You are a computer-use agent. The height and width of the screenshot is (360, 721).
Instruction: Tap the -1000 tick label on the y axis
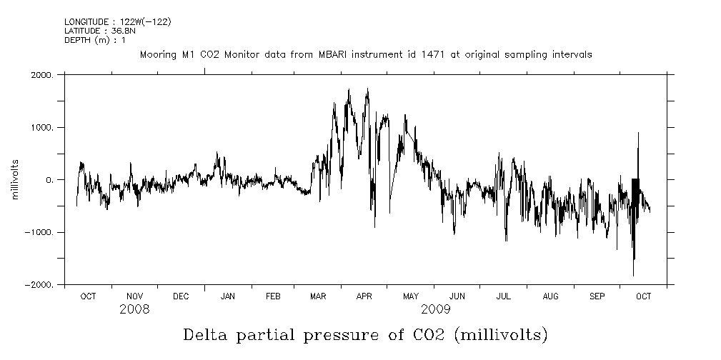pyautogui.click(x=41, y=232)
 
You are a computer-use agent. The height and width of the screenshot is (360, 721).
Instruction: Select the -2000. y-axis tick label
pyautogui.click(x=41, y=285)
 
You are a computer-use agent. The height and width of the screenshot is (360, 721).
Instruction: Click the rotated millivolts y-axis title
pyautogui.click(x=15, y=180)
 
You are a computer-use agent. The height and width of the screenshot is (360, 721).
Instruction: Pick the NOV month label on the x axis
pyautogui.click(x=135, y=296)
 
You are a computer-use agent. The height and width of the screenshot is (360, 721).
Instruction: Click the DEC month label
pyautogui.click(x=181, y=296)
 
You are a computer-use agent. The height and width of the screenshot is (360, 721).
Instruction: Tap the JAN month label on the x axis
pyautogui.click(x=228, y=296)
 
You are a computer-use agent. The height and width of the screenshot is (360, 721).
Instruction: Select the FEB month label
pyautogui.click(x=274, y=296)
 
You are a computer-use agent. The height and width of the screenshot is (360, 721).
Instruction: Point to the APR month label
pyautogui.click(x=364, y=296)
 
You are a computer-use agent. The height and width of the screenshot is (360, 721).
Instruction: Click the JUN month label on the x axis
pyautogui.click(x=458, y=296)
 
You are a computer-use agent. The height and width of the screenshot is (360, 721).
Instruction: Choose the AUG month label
pyautogui.click(x=551, y=296)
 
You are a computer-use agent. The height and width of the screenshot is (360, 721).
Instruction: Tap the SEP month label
pyautogui.click(x=597, y=296)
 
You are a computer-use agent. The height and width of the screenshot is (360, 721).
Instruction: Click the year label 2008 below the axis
pyautogui.click(x=134, y=309)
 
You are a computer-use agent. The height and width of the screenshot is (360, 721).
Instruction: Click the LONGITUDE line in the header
pyautogui.click(x=118, y=22)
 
